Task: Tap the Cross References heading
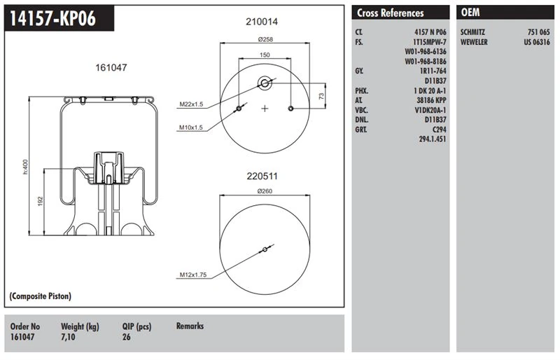[390, 13]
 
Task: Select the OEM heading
[470, 13]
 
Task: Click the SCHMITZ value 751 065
[538, 32]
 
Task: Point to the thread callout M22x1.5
[190, 104]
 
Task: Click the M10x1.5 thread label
[190, 127]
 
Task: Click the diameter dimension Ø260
[265, 191]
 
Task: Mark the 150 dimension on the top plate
[265, 55]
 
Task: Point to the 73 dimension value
[321, 95]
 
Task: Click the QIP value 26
[126, 336]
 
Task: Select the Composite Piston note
[41, 296]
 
